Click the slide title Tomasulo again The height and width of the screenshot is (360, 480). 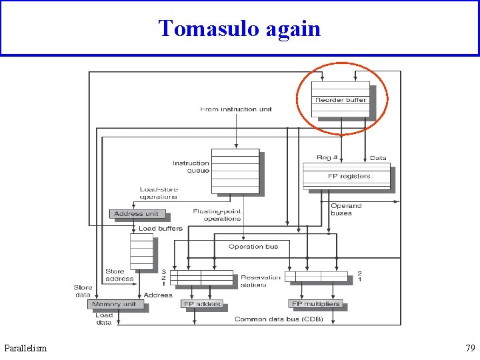pos(239,29)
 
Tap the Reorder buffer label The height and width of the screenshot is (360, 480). pos(341,100)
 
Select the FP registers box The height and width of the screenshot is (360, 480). pos(348,176)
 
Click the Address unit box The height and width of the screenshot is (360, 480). pos(136,214)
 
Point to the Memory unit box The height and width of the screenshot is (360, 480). pos(114,304)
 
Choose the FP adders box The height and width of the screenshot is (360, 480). pos(201,304)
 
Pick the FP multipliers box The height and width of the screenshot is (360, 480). pos(315,304)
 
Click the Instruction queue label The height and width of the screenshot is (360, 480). pos(191,167)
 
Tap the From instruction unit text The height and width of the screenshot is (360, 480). pos(236,109)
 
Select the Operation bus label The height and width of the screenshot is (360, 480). pos(253,247)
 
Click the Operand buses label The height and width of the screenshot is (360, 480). pos(346,209)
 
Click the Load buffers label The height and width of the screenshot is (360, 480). pos(160,229)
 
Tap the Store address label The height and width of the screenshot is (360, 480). pos(119,275)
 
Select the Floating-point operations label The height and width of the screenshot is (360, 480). pos(217,215)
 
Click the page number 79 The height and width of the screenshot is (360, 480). pos(471,348)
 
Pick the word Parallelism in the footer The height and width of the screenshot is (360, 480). pos(25,348)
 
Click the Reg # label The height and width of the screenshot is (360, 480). pos(327,158)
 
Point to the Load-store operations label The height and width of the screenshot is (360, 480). pos(159,193)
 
